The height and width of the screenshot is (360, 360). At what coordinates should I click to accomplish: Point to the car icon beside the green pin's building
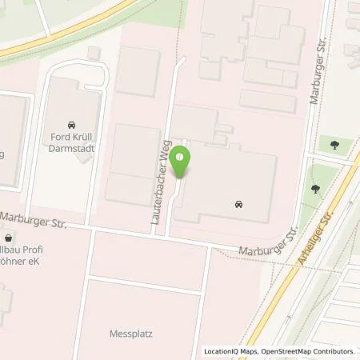click(x=240, y=206)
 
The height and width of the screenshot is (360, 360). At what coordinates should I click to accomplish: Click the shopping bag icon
click(x=8, y=238)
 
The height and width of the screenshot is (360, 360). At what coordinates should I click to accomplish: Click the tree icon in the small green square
click(x=335, y=145)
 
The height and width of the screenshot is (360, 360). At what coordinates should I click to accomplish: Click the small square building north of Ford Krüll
click(x=94, y=53)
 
